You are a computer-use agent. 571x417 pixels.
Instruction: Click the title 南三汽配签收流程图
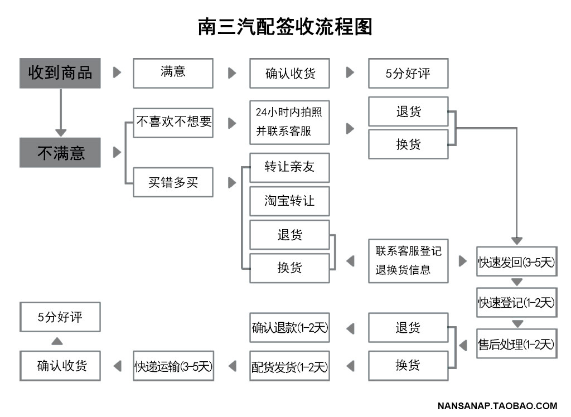pos(285,27)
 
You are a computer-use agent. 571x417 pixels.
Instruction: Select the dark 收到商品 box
pos(60,73)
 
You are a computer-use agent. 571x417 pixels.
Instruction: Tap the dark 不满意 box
pos(60,153)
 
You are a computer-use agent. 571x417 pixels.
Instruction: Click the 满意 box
pos(173,73)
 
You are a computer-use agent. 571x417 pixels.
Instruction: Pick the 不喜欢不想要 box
pos(173,123)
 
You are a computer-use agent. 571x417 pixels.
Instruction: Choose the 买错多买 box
pos(173,182)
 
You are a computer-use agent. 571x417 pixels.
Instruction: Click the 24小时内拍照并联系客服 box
pos(289,123)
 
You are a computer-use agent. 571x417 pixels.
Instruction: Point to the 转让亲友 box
pos(289,168)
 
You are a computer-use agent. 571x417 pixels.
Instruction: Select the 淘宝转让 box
pos(289,201)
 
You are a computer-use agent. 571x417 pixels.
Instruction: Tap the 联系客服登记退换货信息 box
pos(408,261)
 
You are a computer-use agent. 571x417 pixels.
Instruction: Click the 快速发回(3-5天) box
pos(517,261)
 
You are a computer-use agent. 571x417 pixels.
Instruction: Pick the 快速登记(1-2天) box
pos(517,302)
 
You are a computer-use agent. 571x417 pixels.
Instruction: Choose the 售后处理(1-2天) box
pos(517,343)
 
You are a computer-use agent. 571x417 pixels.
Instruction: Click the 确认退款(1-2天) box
pos(289,327)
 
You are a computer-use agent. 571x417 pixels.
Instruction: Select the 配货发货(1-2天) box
pos(289,366)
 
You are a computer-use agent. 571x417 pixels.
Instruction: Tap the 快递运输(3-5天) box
pos(173,366)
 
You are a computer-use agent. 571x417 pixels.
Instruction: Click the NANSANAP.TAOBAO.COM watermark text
pos(497,406)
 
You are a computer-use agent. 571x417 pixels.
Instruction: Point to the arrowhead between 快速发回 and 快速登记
pos(517,282)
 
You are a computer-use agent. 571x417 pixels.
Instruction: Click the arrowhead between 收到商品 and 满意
pos(117,72)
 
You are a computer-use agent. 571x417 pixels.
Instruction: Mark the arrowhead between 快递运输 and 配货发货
pos(233,366)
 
